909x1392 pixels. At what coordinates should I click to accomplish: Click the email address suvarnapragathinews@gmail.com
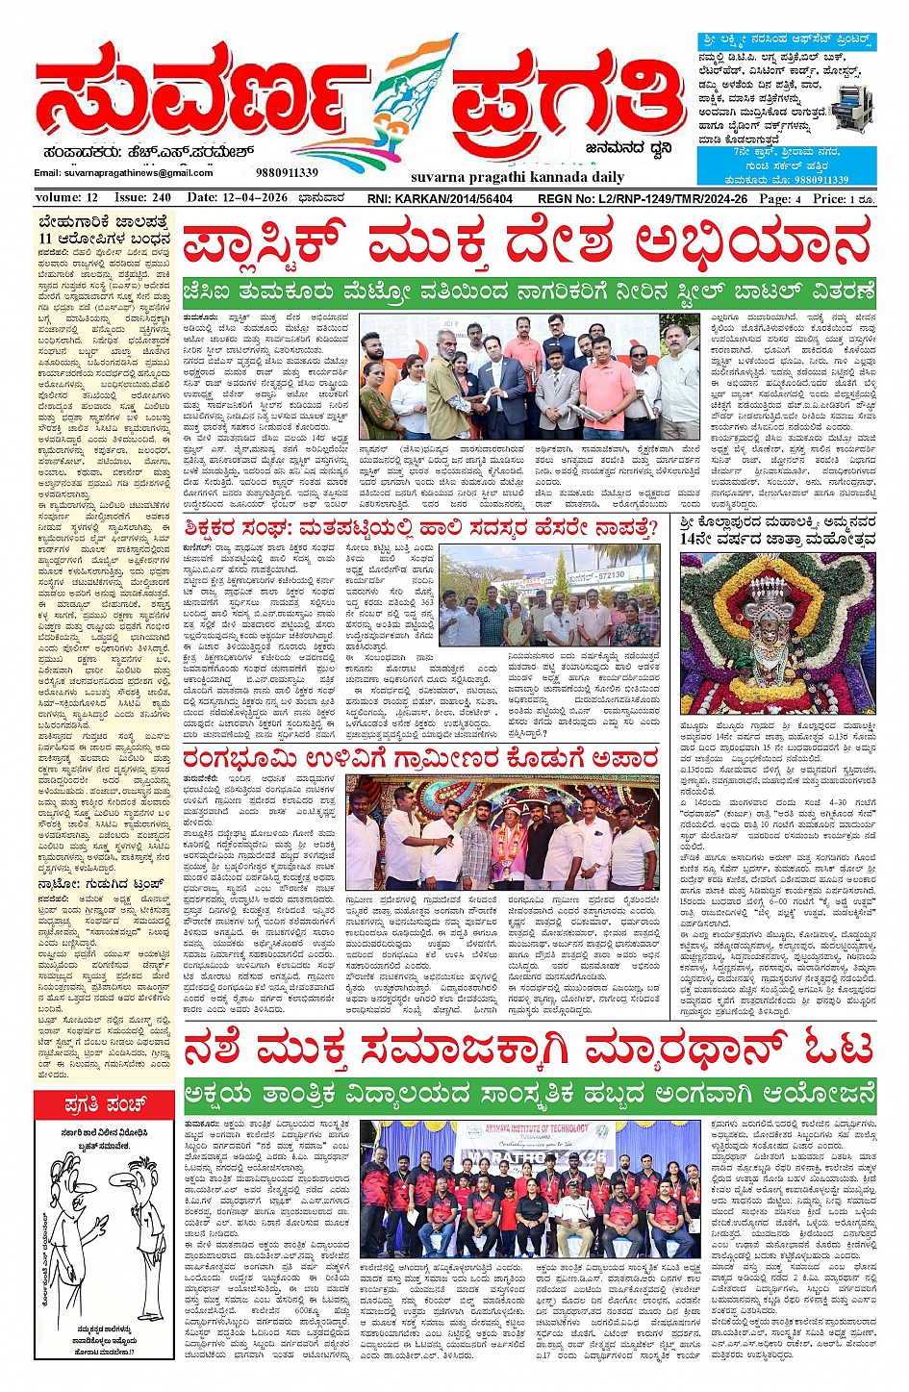(x=123, y=173)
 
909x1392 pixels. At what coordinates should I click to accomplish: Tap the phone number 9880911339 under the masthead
(x=287, y=173)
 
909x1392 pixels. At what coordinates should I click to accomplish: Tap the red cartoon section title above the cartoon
(x=104, y=1103)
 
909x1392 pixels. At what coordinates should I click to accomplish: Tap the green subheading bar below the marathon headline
(x=529, y=1096)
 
